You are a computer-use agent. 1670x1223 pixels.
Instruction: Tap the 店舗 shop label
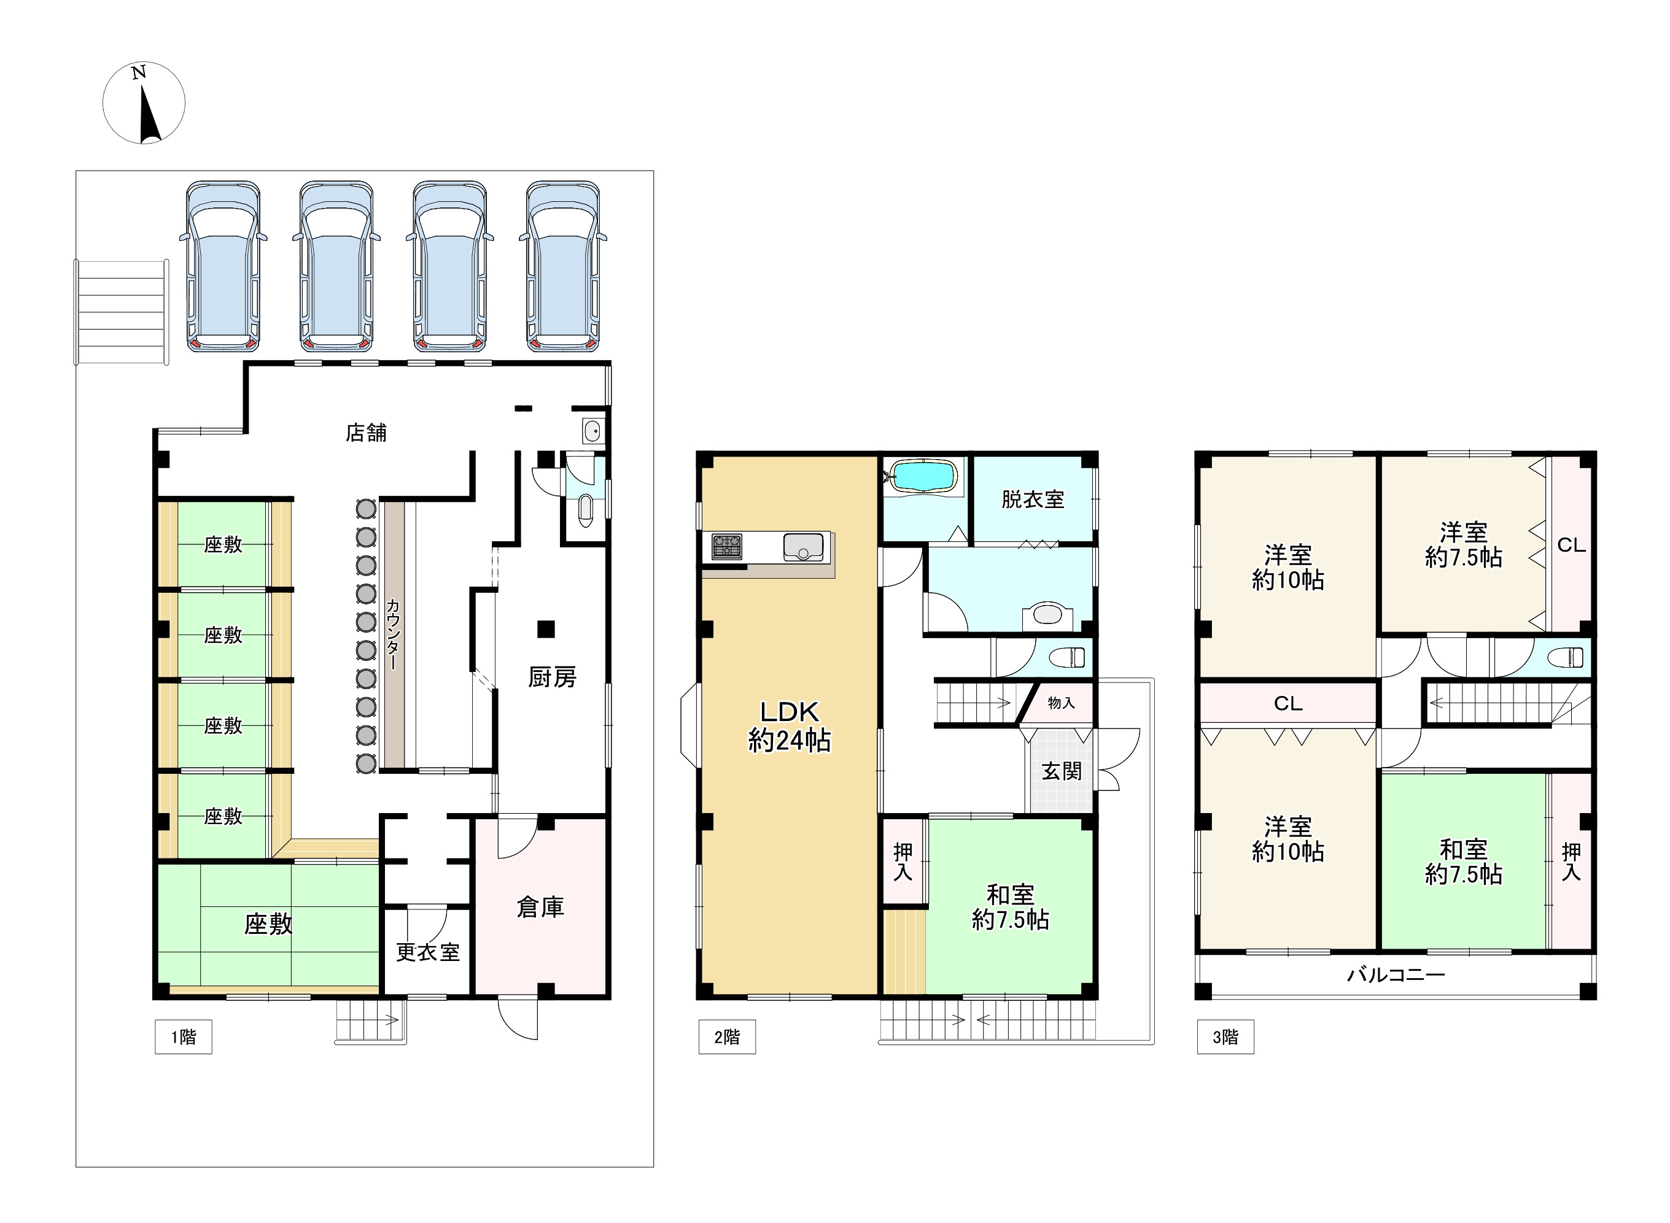click(366, 433)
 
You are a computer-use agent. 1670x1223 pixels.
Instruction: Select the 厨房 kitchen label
click(552, 677)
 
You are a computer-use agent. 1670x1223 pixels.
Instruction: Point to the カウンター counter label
click(392, 634)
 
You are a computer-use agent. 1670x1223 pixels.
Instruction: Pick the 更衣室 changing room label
click(427, 952)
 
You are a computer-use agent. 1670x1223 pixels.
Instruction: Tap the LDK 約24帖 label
click(790, 726)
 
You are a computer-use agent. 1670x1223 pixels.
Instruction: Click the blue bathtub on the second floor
click(923, 477)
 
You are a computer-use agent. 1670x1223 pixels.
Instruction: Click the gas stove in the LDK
click(726, 546)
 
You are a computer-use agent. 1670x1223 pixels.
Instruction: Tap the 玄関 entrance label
click(1061, 771)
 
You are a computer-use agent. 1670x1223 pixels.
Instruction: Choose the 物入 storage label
click(1061, 703)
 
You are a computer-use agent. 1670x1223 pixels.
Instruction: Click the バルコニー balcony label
click(1395, 975)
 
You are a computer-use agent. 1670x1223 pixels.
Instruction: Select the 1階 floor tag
click(184, 1037)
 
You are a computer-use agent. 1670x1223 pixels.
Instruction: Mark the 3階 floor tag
click(1225, 1037)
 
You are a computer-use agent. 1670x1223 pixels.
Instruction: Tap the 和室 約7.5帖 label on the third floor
click(1463, 862)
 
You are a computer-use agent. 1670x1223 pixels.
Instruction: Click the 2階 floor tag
click(727, 1037)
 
